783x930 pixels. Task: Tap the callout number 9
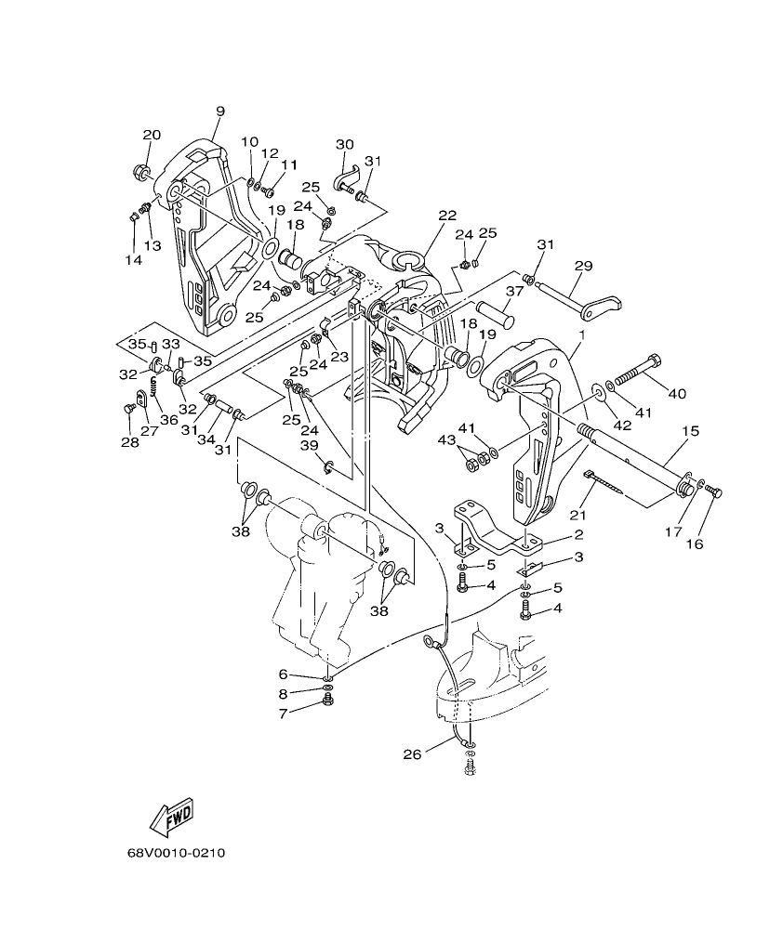(220, 111)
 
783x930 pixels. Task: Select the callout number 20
(152, 135)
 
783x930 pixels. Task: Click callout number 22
(447, 215)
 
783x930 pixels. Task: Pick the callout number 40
(676, 393)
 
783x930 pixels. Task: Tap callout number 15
(689, 432)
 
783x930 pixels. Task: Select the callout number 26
(412, 753)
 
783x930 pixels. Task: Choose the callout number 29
(583, 266)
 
